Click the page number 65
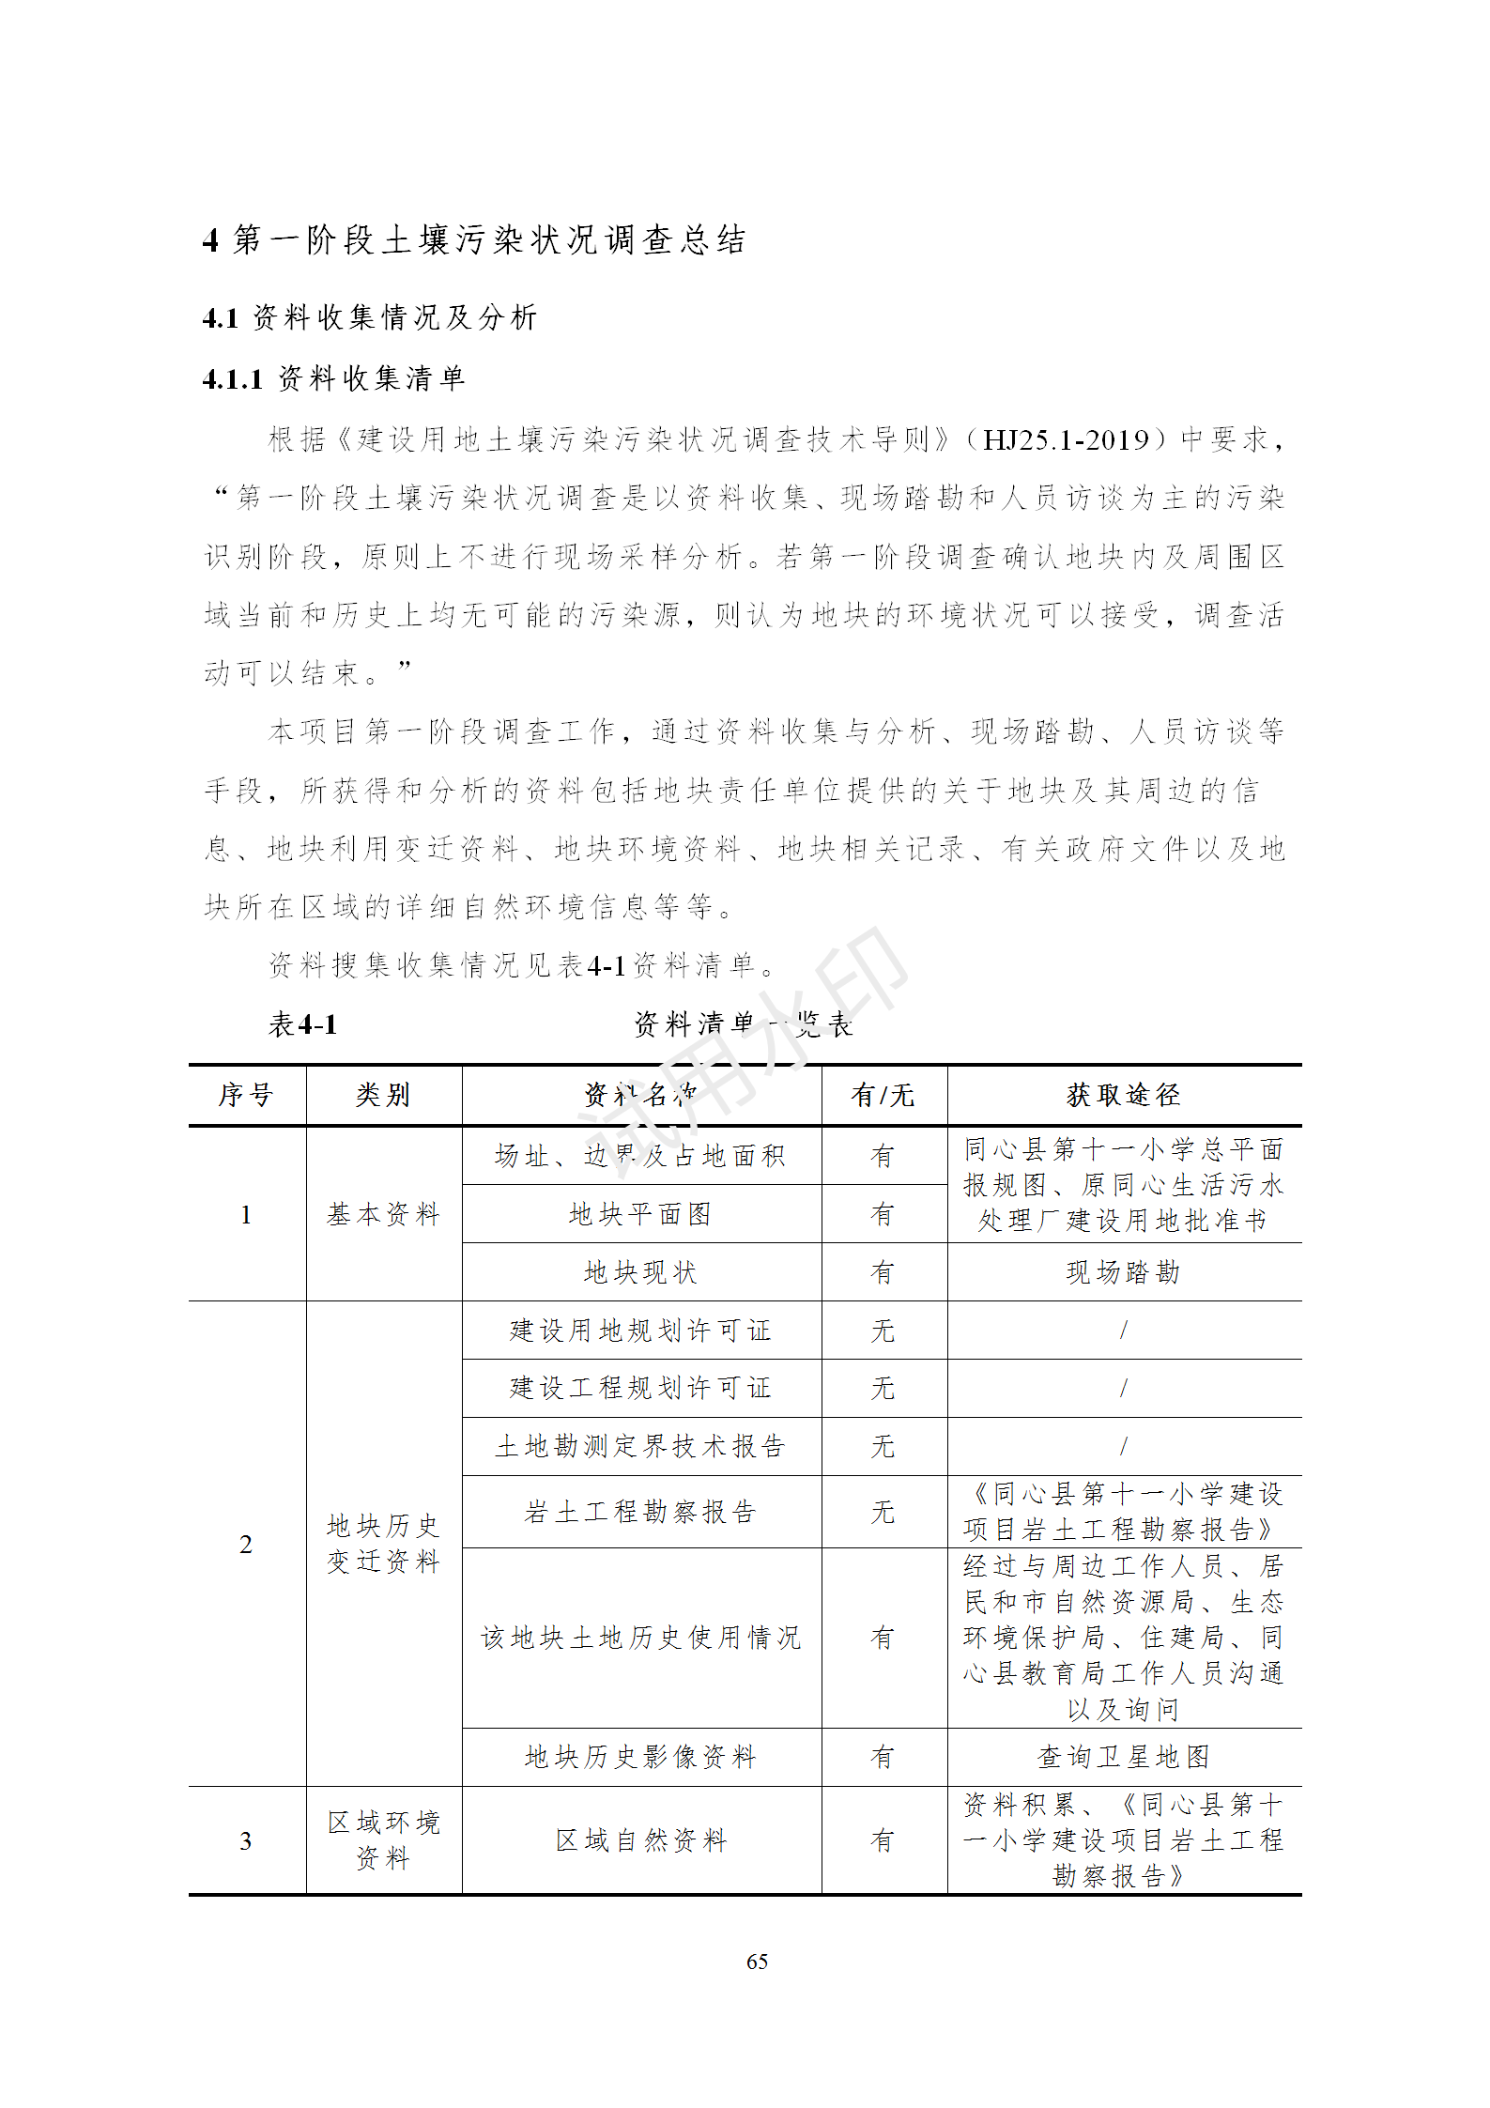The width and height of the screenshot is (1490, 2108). coord(757,1962)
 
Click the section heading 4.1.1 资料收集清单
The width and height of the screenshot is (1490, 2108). coord(333,378)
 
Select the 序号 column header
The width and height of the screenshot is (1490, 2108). coord(246,1095)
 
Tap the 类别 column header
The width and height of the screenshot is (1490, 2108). coord(383,1095)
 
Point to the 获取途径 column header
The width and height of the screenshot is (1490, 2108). coord(1123,1095)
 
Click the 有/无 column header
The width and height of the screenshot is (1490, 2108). coord(883,1095)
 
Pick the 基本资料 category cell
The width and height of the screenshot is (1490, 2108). coord(383,1214)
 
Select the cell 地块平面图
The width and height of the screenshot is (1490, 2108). coord(640,1214)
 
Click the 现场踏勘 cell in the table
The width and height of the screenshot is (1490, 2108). coord(1123,1272)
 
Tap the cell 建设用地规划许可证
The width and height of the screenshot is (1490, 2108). coord(640,1331)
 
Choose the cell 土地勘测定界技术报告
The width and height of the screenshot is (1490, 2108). coord(640,1446)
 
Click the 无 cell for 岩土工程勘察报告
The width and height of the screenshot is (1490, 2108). coord(883,1512)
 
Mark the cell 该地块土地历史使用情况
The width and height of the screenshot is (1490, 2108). coord(640,1638)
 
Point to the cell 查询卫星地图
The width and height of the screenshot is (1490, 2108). coord(1123,1757)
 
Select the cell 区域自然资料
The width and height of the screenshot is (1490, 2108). coord(640,1840)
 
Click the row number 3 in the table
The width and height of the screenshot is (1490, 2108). coord(246,1840)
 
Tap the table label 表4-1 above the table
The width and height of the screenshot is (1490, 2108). coord(302,1024)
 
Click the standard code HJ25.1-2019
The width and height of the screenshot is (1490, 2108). coord(1066,439)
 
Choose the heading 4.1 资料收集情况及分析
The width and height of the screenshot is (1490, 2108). coord(369,317)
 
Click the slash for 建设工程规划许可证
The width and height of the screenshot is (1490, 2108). coord(1123,1388)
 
